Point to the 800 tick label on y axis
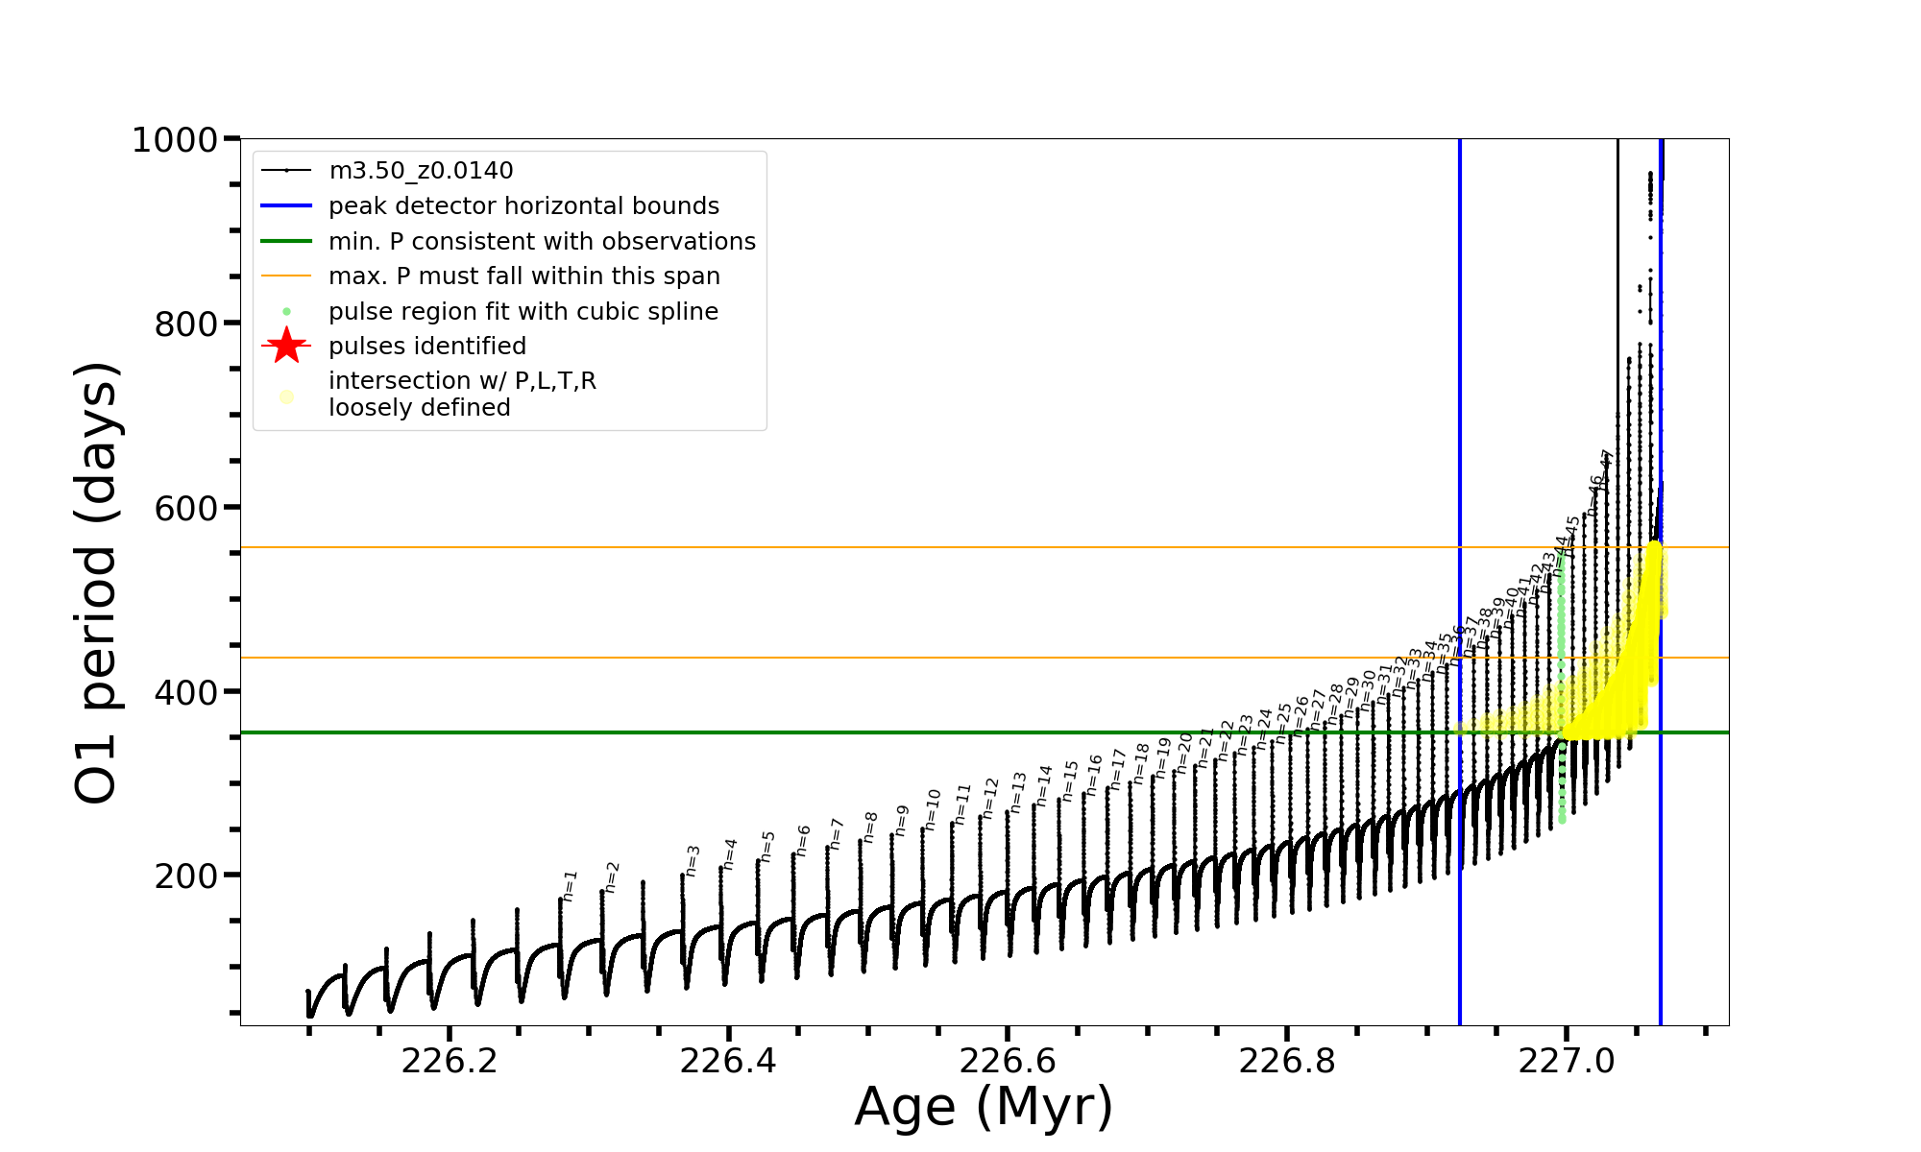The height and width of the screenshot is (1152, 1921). click(x=186, y=324)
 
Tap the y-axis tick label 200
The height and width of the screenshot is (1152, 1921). click(x=186, y=876)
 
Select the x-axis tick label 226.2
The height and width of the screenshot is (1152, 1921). click(x=450, y=1061)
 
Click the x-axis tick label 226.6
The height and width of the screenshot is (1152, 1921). click(x=1008, y=1061)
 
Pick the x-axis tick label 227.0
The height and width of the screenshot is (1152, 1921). click(x=1567, y=1061)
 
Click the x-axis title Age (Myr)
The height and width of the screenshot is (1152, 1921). click(x=984, y=1106)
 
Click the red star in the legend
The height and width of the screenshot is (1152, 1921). click(x=286, y=346)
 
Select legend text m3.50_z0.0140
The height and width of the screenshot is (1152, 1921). click(x=421, y=171)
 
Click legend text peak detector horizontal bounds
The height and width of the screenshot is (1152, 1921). click(x=523, y=206)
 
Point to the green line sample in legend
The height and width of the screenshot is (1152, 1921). click(x=286, y=241)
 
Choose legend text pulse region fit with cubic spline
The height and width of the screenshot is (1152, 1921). click(x=523, y=312)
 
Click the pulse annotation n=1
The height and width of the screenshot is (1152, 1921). click(x=570, y=886)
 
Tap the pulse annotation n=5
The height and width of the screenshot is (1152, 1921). click(x=767, y=847)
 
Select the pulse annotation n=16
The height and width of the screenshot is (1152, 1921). click(x=1094, y=775)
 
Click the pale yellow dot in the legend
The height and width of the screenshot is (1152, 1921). click(x=286, y=396)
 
